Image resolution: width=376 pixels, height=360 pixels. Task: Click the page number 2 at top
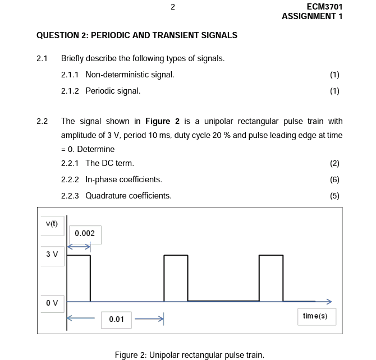[173, 7]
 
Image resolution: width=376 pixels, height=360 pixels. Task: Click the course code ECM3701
[324, 7]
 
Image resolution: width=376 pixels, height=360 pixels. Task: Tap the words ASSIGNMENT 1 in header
[312, 16]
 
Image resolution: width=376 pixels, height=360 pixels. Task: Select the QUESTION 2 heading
[137, 35]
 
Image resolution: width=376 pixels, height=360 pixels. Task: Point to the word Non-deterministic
[115, 75]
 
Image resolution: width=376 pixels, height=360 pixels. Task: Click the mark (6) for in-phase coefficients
[335, 179]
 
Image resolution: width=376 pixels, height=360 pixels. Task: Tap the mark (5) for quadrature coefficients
[335, 196]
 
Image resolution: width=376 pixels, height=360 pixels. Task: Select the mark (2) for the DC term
[335, 163]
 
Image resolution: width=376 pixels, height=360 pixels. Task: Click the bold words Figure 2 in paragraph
[162, 121]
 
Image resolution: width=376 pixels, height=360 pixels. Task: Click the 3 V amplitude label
[52, 254]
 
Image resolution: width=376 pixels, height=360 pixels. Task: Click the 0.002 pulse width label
[85, 233]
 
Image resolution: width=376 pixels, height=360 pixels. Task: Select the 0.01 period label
[116, 319]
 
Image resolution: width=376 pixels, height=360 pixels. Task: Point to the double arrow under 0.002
[79, 246]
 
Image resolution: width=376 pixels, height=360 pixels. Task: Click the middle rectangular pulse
[176, 278]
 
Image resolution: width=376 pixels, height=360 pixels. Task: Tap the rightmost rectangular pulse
[271, 278]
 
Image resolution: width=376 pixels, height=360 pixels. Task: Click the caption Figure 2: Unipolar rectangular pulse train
[189, 354]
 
